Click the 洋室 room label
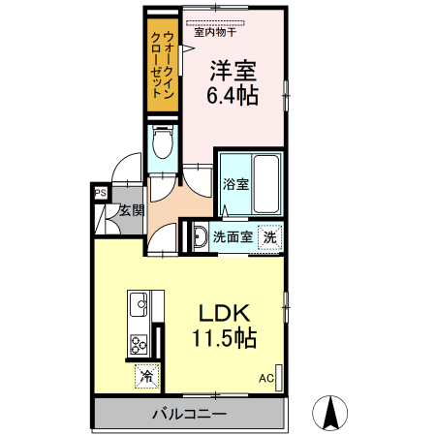tap(233, 72)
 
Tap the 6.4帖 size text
tap(233, 95)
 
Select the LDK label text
tap(226, 314)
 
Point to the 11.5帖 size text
tap(226, 339)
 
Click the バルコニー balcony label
tap(189, 414)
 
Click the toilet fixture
tap(164, 145)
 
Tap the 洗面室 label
tap(233, 236)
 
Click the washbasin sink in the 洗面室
tap(198, 235)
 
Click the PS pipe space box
tap(100, 193)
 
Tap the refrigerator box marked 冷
tap(145, 375)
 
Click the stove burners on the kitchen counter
tap(139, 344)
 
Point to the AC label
tap(265, 378)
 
